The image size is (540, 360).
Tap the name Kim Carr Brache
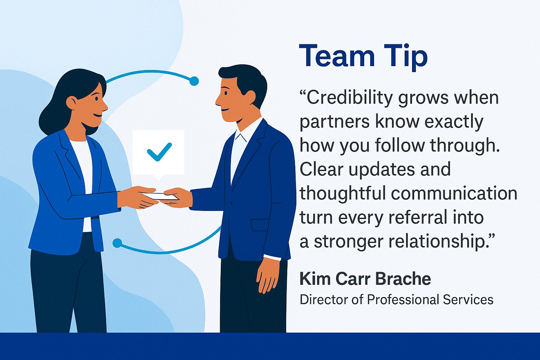[365, 279]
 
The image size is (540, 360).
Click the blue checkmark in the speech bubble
[159, 152]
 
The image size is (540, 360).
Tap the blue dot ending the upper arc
[194, 81]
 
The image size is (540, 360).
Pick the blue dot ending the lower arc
[117, 243]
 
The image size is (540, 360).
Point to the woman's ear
[72, 102]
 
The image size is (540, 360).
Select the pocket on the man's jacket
[260, 224]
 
